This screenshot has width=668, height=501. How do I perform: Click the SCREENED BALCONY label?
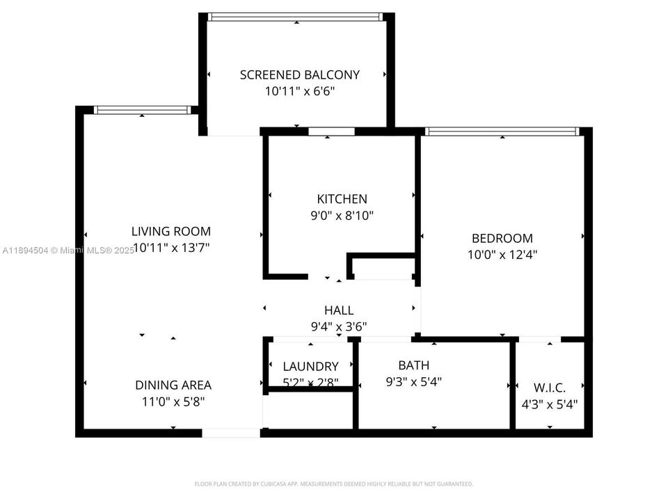[299, 74]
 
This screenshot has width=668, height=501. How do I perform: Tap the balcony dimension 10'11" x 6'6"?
[299, 91]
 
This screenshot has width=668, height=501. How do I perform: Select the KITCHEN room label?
[342, 199]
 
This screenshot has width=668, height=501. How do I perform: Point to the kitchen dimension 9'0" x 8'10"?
[342, 216]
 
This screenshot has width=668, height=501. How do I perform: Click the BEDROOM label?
[502, 238]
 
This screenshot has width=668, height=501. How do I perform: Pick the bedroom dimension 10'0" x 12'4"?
[502, 255]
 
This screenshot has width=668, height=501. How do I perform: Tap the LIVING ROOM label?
[171, 231]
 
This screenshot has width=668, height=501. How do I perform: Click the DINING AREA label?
[173, 385]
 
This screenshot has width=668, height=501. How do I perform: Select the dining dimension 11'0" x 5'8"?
[173, 401]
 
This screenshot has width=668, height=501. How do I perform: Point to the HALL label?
[339, 310]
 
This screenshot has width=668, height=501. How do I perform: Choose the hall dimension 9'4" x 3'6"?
[339, 326]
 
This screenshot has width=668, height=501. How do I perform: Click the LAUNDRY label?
[310, 366]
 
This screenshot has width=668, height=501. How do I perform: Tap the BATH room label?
[413, 365]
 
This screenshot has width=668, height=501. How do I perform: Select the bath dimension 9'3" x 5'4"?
[413, 381]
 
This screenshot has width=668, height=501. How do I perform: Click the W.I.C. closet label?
[549, 388]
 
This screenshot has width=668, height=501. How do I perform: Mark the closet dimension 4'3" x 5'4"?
[549, 404]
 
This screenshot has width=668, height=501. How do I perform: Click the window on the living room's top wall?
[142, 109]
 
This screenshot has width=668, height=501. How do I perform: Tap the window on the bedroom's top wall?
[501, 131]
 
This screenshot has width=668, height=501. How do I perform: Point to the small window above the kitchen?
[331, 131]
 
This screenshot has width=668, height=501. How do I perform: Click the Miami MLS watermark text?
[67, 250]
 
